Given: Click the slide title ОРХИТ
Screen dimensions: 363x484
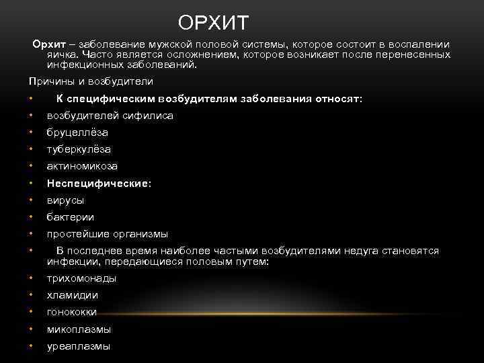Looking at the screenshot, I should click(213, 24).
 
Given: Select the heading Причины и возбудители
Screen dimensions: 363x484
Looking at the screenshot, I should click(91, 81).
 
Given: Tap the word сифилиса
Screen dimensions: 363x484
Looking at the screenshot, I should click(149, 116).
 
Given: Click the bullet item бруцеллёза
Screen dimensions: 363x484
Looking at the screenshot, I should click(77, 132).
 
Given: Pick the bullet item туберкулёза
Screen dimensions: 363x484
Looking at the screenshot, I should click(79, 149).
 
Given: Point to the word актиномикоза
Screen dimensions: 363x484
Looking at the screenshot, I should click(82, 166).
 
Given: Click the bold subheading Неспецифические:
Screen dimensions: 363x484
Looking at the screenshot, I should click(99, 183).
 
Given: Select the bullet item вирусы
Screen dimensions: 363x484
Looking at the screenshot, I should click(65, 200).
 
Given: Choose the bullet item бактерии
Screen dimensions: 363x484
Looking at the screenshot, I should click(70, 217).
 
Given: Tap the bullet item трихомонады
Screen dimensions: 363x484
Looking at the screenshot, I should click(81, 278).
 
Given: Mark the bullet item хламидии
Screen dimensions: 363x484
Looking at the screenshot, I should click(72, 295).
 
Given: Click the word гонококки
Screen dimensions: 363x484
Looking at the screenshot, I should click(72, 312).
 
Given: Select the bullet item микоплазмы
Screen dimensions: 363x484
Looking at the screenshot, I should click(79, 329).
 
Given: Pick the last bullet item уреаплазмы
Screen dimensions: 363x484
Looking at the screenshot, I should click(78, 346).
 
